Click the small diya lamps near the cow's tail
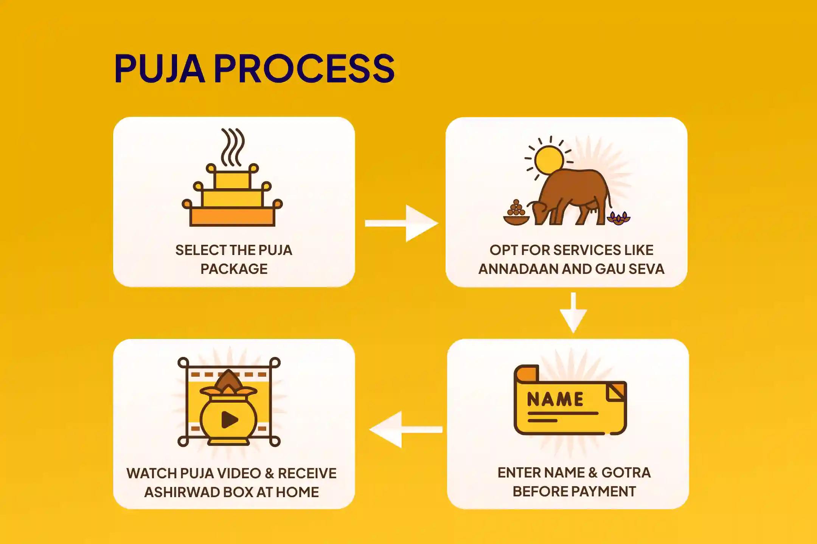[618, 218]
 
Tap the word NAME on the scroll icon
[555, 399]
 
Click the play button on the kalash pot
[229, 419]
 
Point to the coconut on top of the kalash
[228, 380]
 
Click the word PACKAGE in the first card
[234, 269]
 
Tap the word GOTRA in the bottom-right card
[626, 473]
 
